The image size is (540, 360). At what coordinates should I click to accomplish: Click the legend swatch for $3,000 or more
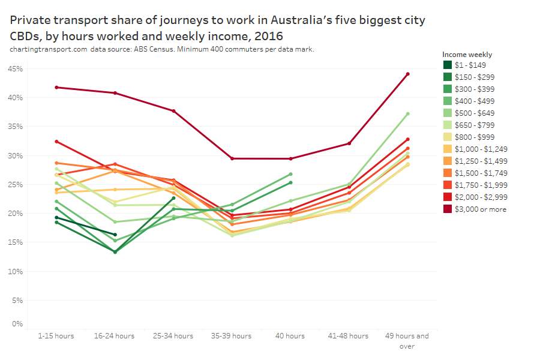(x=448, y=209)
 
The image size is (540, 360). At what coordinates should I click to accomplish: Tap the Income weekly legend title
(x=467, y=55)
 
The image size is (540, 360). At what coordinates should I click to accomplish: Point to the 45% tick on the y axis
(x=15, y=69)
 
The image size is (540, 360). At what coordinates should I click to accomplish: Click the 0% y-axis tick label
(x=17, y=324)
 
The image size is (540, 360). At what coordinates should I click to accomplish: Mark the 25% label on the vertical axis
(x=15, y=185)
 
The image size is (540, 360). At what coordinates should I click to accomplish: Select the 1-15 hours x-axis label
(x=56, y=336)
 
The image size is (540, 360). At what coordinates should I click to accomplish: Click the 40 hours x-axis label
(x=290, y=336)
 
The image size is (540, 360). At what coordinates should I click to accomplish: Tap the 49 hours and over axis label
(x=407, y=340)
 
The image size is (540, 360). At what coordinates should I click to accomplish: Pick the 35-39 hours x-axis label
(x=232, y=336)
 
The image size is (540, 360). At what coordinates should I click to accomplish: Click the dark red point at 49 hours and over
(x=407, y=74)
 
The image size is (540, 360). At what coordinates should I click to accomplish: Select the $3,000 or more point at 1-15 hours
(x=56, y=87)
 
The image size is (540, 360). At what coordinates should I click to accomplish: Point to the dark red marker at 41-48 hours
(x=349, y=143)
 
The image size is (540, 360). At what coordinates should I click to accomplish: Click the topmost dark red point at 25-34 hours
(x=174, y=111)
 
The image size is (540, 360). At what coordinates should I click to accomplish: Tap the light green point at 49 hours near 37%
(x=407, y=113)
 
